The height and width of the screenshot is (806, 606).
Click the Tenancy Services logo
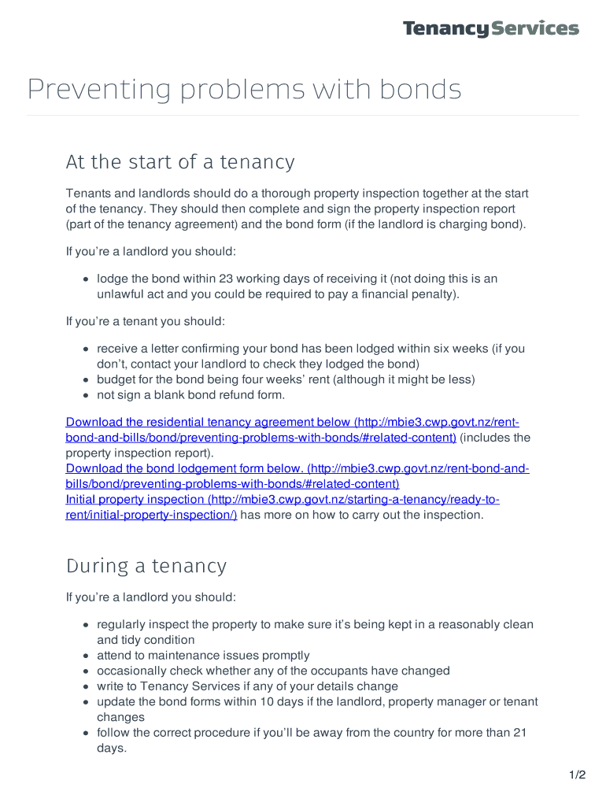point(490,29)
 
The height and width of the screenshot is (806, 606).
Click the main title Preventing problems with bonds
point(244,90)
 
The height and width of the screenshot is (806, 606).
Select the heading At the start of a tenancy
point(180,162)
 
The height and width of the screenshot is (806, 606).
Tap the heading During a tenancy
point(146,566)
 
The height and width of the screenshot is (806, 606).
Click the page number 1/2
point(578,775)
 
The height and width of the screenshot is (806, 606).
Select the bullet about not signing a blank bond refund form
point(190,395)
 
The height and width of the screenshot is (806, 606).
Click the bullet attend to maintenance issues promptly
point(203,656)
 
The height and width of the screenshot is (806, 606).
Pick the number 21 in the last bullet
point(519,733)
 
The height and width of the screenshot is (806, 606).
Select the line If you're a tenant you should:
point(146,321)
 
